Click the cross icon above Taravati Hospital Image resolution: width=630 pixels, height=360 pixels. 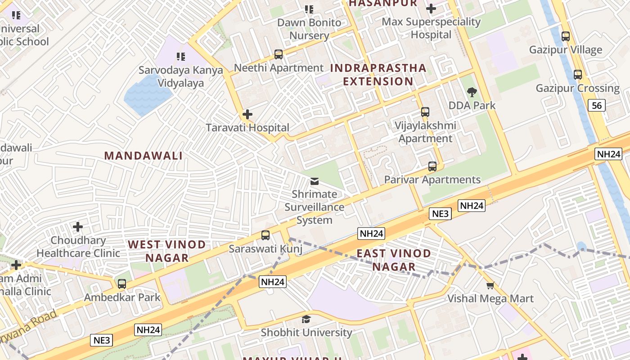pos(247,114)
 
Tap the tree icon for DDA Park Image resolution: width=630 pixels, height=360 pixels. pos(472,92)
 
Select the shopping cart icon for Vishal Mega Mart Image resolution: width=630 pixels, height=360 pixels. pos(490,285)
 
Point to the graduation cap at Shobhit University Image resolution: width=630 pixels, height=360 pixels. pos(306,319)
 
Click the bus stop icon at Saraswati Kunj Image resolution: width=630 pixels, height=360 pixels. pos(265,235)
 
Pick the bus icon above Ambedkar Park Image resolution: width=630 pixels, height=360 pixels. pos(121,284)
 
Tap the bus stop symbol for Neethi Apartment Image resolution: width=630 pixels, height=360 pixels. pos(279,54)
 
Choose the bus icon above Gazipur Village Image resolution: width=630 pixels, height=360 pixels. pos(566,36)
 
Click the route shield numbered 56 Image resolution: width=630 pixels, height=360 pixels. pos(597,106)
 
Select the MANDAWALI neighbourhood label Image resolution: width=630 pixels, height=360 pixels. pos(144,156)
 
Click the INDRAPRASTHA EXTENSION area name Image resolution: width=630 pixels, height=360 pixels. pos(378,75)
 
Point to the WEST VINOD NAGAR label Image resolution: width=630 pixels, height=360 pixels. pos(167,251)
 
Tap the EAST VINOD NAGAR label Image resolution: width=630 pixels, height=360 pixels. pos(394,260)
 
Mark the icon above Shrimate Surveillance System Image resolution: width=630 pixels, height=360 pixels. pos(315,181)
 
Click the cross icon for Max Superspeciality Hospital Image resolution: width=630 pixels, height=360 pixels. pos(431,9)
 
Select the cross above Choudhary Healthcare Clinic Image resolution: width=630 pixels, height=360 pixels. pos(78,227)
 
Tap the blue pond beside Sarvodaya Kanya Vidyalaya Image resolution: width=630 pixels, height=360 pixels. pos(146,94)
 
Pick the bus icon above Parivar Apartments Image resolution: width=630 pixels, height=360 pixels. pos(432,166)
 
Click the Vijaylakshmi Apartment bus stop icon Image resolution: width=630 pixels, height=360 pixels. pos(425,112)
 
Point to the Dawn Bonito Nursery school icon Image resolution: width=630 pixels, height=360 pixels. pos(309,9)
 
